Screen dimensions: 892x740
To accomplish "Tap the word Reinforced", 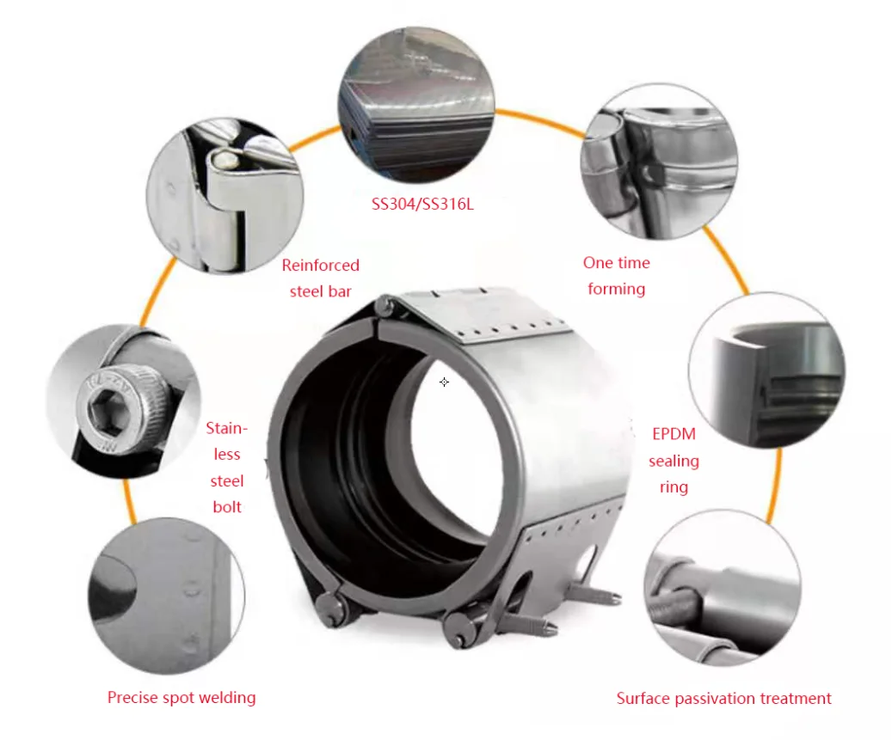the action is (320, 266).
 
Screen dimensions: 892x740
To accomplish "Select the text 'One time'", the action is (616, 263).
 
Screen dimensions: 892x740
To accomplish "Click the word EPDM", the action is (674, 435).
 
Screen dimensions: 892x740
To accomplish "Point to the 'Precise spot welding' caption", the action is (181, 697).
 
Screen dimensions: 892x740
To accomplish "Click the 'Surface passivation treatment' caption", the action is (723, 698).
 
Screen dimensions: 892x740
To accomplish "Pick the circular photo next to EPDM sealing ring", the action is (767, 371).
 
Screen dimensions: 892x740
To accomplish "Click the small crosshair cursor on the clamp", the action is (444, 382).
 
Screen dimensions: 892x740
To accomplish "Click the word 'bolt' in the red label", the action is (227, 507).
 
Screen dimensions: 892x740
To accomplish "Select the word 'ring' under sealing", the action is (674, 487).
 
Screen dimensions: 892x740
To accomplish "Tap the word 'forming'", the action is (616, 289).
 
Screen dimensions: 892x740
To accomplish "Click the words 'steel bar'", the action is (320, 291).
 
